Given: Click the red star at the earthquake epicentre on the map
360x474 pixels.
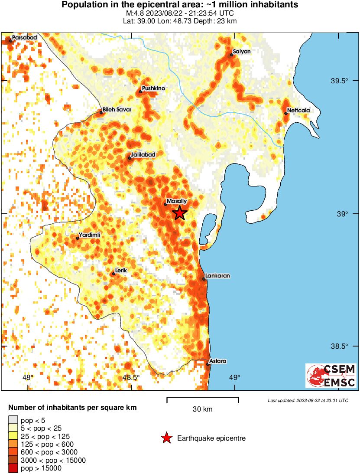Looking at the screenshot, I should click(179, 213).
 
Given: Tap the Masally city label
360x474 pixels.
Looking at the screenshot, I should click(177, 201).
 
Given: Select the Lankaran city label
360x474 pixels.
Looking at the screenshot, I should click(217, 276).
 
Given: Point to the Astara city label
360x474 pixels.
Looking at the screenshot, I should click(217, 361).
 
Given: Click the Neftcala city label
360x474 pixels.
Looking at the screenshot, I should click(299, 111).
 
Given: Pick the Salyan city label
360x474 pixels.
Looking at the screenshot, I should click(242, 52).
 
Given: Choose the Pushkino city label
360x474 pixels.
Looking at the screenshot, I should click(153, 88).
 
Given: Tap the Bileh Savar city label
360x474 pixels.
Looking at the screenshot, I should click(116, 110).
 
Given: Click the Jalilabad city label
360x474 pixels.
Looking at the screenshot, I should click(142, 154).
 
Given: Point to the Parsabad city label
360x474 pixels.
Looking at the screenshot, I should click(24, 38).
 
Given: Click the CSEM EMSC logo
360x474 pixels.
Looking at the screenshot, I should click(331, 376).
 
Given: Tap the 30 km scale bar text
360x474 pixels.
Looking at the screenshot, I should click(202, 409).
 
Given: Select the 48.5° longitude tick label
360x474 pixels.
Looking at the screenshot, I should click(131, 377).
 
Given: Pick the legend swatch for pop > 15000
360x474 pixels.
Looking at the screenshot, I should click(13, 468).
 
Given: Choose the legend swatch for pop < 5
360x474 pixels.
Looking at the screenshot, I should click(13, 420).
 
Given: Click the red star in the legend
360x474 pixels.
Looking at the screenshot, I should click(166, 438).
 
